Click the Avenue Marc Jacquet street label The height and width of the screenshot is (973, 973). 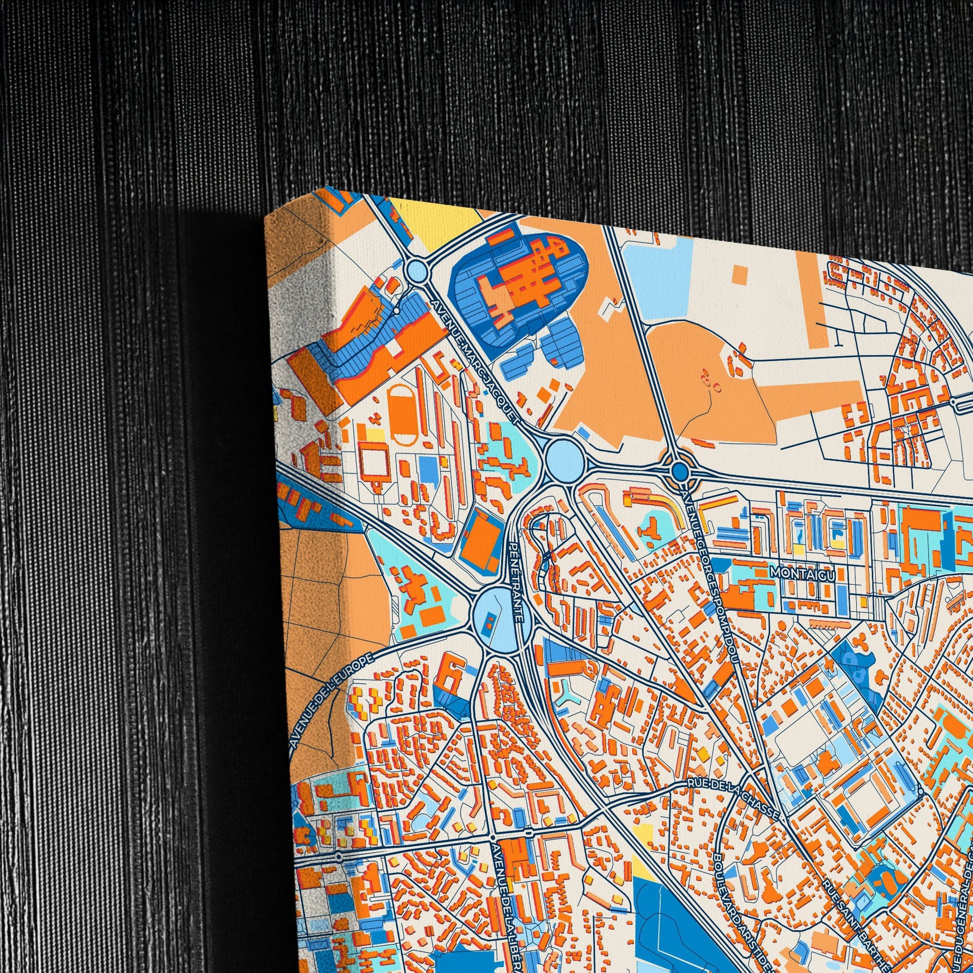[x=476, y=362]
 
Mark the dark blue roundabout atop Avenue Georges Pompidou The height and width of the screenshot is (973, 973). [x=680, y=471]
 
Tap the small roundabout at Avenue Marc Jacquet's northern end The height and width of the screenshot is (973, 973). [x=416, y=271]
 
